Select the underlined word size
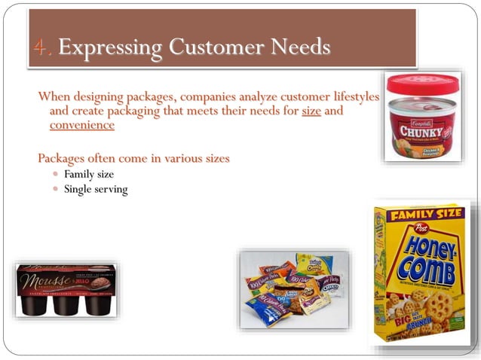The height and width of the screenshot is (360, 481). coord(311,111)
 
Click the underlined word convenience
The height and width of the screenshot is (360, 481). coord(81,125)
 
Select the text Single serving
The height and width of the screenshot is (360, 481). coord(96,189)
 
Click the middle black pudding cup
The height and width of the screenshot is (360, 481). coord(66,300)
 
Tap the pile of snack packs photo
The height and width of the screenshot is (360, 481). coord(294,290)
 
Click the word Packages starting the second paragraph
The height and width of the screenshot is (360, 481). coord(62,159)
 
